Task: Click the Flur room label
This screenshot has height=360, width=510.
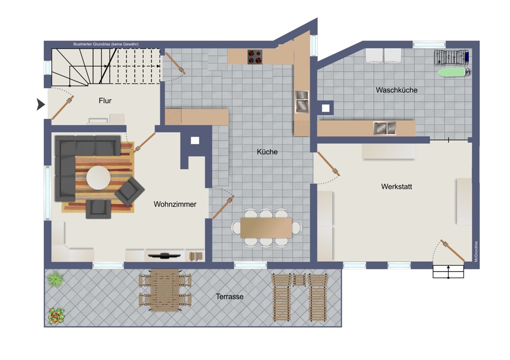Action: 105,101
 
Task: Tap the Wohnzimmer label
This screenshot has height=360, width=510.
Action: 175,204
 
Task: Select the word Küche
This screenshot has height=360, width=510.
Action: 267,151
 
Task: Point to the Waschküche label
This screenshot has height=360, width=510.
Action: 396,90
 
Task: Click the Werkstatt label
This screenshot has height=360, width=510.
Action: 396,187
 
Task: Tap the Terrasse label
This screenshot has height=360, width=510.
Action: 229,297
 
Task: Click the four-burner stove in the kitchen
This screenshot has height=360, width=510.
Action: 254,57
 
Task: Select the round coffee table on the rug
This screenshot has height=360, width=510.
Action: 98,178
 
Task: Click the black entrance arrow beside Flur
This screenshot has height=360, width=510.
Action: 40,105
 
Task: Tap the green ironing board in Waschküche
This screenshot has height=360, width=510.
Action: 452,72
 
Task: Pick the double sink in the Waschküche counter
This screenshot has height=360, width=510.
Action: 385,128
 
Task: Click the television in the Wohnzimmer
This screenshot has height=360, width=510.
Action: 165,255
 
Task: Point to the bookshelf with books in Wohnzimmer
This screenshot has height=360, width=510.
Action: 196,256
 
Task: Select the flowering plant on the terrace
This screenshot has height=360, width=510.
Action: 56,316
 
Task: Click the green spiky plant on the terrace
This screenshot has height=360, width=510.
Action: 55,279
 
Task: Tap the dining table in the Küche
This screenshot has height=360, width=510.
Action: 266,227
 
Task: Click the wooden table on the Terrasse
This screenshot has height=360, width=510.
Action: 165,290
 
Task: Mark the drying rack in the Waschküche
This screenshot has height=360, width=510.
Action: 451,57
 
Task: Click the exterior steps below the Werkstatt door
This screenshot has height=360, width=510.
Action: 448,272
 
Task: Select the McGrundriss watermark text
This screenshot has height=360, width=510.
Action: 476,251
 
